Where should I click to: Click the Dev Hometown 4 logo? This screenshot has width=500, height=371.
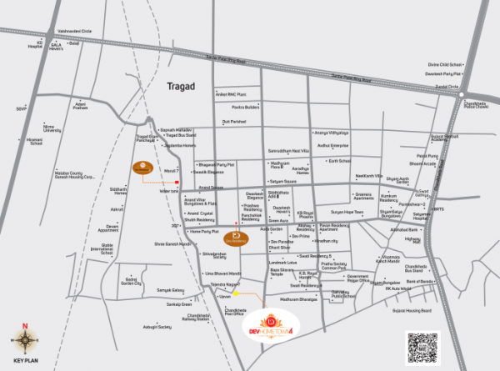click(272, 325)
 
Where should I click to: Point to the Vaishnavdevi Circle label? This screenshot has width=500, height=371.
click(72, 29)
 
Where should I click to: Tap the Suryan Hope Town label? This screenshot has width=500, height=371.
click(347, 213)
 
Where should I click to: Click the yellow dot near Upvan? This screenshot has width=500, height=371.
click(236, 293)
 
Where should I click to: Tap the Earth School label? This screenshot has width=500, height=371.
click(340, 161)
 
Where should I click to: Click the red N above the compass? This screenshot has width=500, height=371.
click(25, 325)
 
